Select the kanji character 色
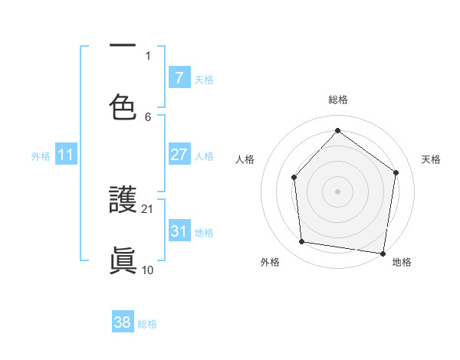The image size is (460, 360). [x=123, y=107]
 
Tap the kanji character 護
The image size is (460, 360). [x=123, y=201]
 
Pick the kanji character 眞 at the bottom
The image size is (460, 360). [x=123, y=260]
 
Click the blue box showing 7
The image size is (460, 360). [x=179, y=77]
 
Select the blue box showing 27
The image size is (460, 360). [x=179, y=155]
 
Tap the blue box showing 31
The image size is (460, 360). [x=179, y=231]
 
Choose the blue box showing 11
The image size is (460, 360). [x=66, y=155]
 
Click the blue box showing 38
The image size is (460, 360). [x=123, y=322]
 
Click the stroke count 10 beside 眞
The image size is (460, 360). [x=149, y=270]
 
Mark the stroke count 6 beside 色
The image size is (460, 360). [x=149, y=116]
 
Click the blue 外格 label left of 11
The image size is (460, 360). [x=41, y=155]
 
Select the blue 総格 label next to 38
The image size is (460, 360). [x=147, y=323]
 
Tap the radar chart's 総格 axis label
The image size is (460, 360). [x=337, y=100]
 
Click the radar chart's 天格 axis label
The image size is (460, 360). [x=431, y=159]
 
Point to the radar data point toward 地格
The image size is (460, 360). [x=383, y=253]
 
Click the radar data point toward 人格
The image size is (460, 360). [x=294, y=178]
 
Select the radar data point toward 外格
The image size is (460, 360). [x=302, y=242]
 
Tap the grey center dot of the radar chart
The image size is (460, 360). [x=337, y=191]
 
